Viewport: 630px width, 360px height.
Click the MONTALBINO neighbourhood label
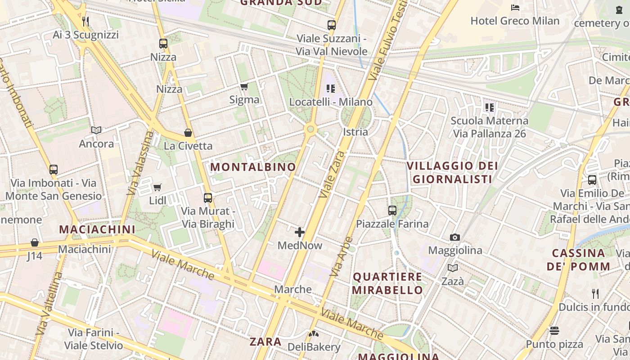(253, 167)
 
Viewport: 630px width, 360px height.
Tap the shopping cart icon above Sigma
(244, 86)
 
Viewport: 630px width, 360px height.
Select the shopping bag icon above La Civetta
(188, 133)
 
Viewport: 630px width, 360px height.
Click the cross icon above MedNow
(300, 232)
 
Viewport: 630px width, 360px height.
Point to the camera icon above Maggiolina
(455, 237)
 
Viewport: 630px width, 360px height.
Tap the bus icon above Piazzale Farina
(392, 210)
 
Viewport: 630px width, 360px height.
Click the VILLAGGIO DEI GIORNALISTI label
(452, 172)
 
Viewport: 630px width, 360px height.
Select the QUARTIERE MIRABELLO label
(387, 283)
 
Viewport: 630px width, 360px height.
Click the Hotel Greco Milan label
(515, 21)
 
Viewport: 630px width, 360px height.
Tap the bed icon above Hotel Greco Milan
(515, 8)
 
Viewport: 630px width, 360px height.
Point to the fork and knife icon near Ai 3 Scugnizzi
(85, 21)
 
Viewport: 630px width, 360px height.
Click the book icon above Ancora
(96, 130)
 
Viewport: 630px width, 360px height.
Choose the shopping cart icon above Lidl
(157, 187)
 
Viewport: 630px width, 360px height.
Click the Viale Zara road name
(332, 175)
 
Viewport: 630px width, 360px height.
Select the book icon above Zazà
(453, 268)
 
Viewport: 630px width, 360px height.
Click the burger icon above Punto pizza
(554, 331)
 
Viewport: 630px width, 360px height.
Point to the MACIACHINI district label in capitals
(97, 229)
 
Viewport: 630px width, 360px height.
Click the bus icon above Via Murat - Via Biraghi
(208, 198)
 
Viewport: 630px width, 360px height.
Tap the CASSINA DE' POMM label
(578, 260)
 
